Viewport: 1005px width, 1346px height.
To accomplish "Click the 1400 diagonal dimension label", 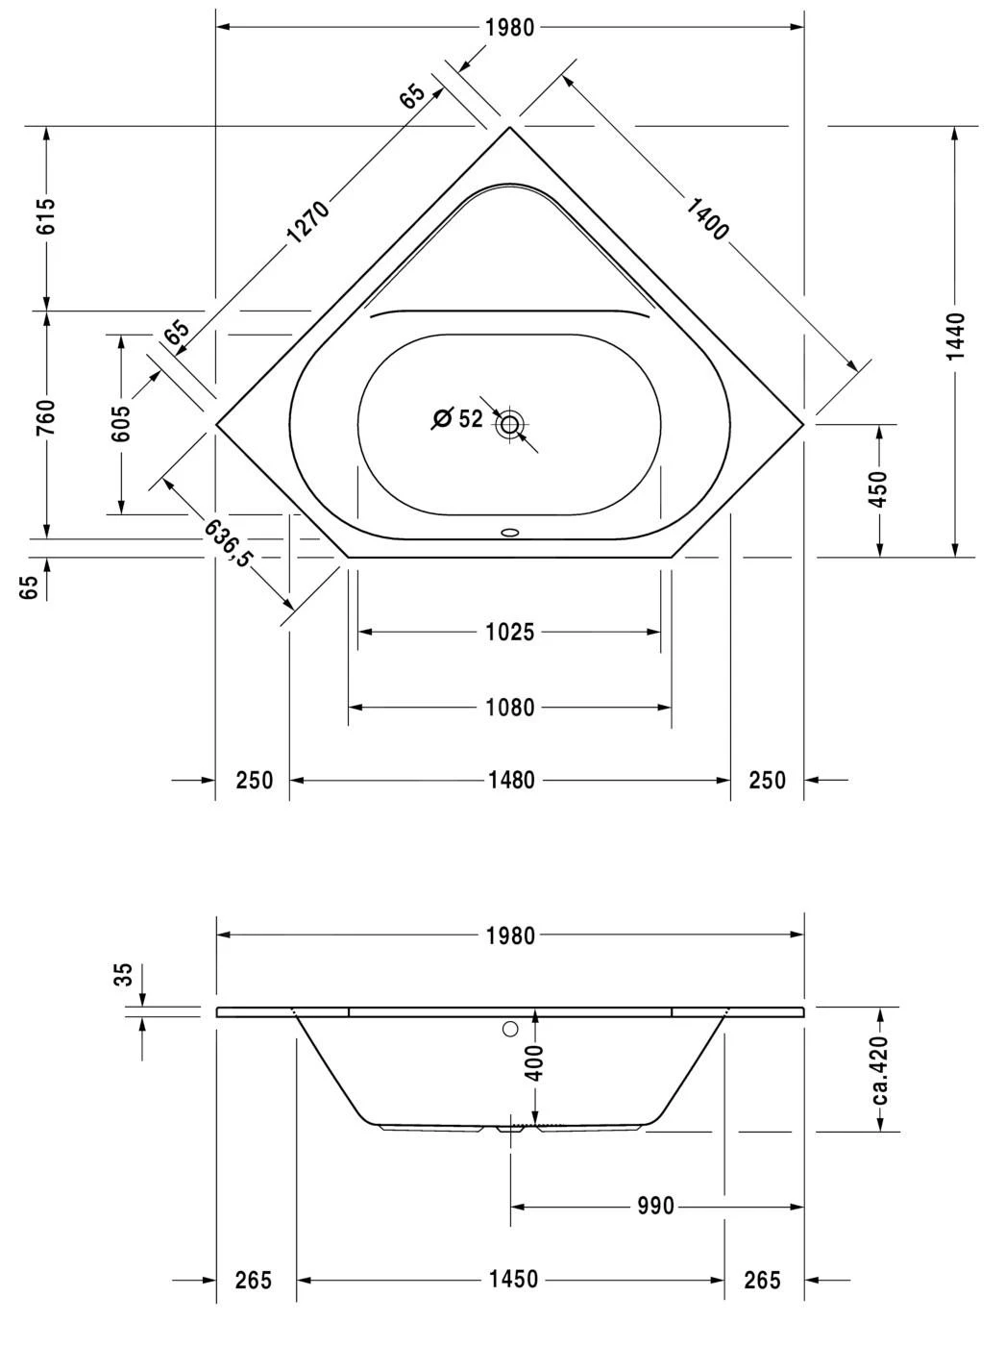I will click(x=708, y=217).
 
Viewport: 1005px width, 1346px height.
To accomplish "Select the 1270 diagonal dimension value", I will click(x=308, y=222).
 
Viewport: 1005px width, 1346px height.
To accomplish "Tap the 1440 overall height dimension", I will click(x=955, y=336).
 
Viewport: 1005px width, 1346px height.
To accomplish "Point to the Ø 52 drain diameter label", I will click(x=458, y=419).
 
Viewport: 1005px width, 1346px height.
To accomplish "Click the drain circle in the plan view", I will click(x=509, y=423).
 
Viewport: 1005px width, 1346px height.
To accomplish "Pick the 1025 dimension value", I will click(x=509, y=633).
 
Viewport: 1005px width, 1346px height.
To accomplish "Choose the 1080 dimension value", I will click(x=509, y=708).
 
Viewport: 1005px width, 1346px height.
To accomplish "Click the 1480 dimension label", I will click(x=510, y=781).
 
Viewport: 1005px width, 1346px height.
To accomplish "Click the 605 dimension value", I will click(x=121, y=424).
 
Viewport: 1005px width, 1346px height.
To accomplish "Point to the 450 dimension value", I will click(x=878, y=489).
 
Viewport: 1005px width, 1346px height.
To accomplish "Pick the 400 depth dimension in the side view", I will click(x=536, y=1063).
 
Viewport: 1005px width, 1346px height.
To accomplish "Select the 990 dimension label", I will click(x=655, y=1207).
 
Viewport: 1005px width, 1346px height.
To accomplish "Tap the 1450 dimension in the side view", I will click(x=513, y=1280).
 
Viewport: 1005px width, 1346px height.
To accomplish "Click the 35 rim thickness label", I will click(x=122, y=975).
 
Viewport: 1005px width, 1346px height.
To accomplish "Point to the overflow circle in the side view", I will click(x=510, y=1030).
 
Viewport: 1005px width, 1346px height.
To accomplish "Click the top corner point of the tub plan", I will click(x=509, y=127).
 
